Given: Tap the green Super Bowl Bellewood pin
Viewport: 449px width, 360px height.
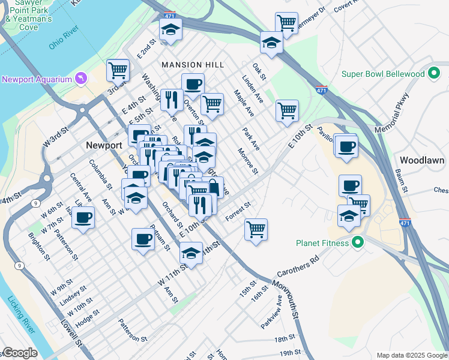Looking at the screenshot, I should (x=435, y=74).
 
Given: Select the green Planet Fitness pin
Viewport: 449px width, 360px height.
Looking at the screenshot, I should (x=358, y=243).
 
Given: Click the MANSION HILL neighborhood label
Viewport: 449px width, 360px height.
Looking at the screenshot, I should (x=192, y=64).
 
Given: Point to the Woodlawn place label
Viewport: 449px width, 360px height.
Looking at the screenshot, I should (x=421, y=160).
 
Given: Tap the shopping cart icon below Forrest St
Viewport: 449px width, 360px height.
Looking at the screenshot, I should (x=256, y=229).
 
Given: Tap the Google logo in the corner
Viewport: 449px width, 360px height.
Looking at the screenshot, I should (x=19, y=353).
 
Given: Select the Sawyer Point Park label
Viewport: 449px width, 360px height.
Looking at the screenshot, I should (x=28, y=11).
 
